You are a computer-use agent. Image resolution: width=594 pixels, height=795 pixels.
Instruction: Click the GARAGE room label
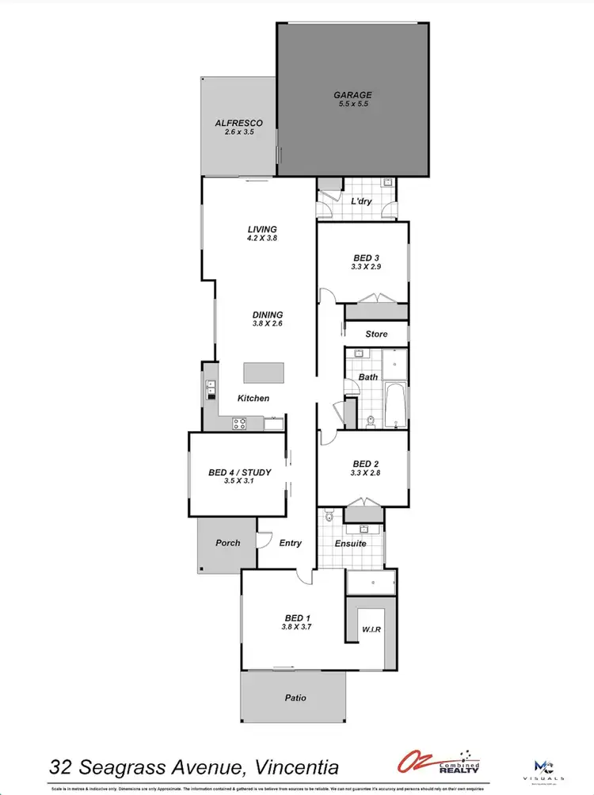[352, 96]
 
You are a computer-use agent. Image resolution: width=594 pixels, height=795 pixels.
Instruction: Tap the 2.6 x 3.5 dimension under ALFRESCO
[238, 134]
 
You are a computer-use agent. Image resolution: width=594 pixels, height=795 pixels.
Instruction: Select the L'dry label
[361, 201]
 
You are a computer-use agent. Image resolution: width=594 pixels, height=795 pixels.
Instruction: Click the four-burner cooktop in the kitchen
[239, 423]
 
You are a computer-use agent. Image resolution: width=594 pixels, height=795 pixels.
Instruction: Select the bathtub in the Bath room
[394, 405]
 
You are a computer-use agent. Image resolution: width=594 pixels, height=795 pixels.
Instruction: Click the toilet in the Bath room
[370, 421]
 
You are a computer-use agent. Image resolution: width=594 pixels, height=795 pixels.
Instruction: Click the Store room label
[376, 334]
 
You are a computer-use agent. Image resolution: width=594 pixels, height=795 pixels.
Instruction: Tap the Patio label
[293, 698]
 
